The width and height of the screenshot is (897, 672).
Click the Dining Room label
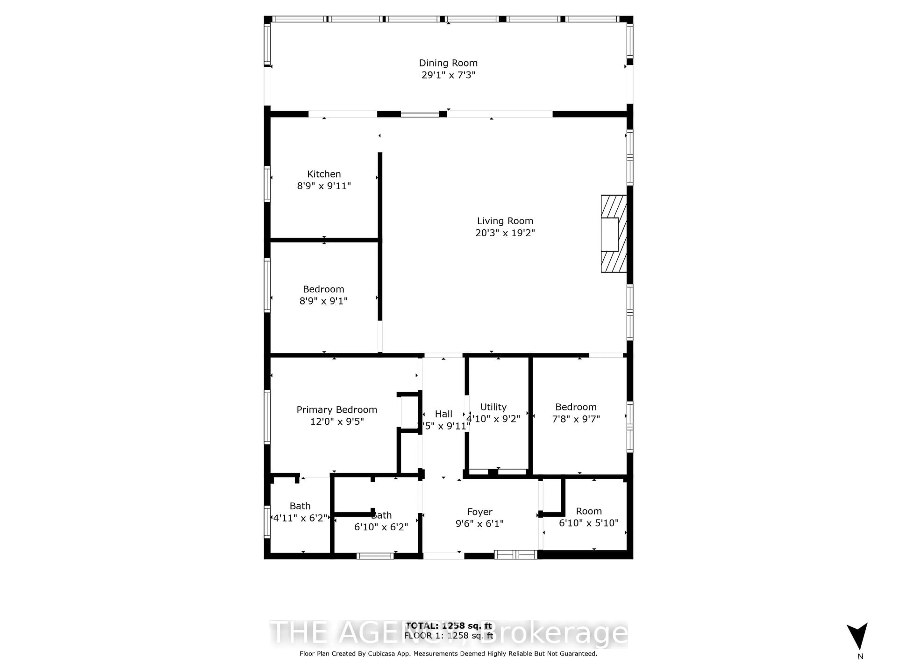[448, 63]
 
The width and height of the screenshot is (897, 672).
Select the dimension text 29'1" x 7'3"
[448, 75]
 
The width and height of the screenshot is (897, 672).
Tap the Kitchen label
[324, 174]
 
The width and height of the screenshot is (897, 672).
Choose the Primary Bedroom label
[337, 410]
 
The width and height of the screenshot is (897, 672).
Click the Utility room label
[493, 407]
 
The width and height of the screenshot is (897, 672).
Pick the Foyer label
[479, 512]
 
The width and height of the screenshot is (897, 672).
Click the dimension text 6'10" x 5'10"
[588, 523]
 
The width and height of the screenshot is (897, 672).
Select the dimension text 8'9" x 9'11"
[324, 186]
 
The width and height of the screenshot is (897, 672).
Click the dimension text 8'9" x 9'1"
[323, 301]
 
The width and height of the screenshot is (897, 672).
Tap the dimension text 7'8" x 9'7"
[576, 419]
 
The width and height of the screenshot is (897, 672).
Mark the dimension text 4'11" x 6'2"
[300, 518]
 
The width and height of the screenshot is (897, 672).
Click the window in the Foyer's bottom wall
[515, 555]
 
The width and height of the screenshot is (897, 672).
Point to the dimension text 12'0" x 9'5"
[337, 422]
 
